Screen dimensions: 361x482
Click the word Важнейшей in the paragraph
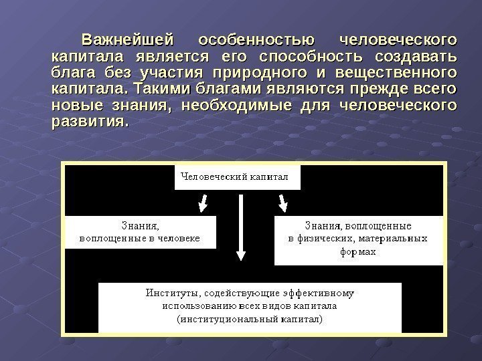(x=127, y=35)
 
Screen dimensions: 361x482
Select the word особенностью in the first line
(x=257, y=35)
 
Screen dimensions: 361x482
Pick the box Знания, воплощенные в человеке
(x=140, y=232)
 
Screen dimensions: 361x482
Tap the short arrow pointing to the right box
(x=283, y=201)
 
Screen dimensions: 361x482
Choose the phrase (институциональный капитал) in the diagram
(x=250, y=319)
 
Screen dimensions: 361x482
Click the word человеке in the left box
(x=179, y=238)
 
